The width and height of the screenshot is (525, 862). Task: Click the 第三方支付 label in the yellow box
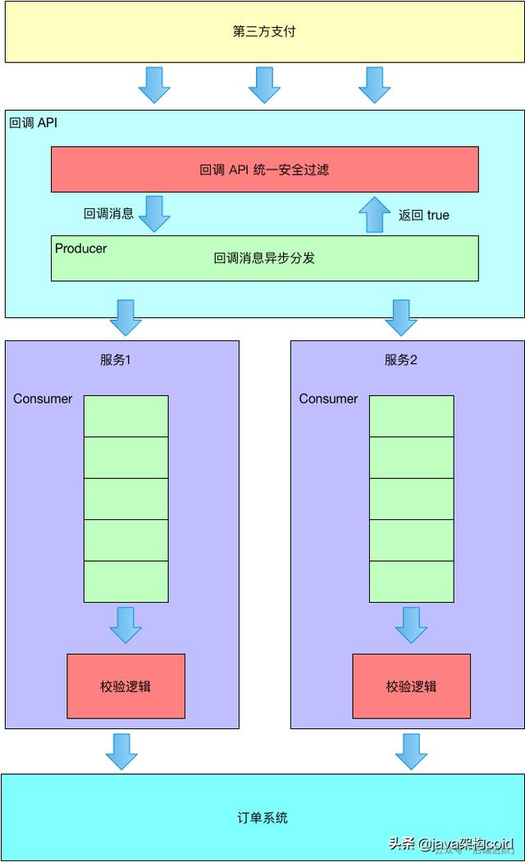coord(264,32)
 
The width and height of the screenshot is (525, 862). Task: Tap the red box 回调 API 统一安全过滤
coord(264,170)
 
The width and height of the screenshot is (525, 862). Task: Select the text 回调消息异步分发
coord(264,258)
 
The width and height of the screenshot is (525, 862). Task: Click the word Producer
coord(80,249)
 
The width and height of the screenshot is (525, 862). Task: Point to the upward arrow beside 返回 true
coord(375,215)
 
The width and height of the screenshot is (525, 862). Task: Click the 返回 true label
coord(424,215)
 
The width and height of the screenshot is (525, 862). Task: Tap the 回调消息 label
coord(108,214)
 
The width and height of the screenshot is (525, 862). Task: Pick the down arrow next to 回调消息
coord(154,213)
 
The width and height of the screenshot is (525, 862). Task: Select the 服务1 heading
coord(116,359)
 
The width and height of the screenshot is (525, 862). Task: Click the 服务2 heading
coord(401,359)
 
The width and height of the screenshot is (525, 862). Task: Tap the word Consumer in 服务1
coord(43,399)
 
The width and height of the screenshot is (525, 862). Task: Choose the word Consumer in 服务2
coord(328,399)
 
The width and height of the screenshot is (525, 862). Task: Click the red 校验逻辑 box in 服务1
coord(126,686)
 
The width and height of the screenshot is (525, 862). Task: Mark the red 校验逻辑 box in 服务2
coord(411,686)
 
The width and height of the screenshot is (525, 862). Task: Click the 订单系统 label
coord(264,818)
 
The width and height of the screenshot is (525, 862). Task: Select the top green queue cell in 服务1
coord(126,416)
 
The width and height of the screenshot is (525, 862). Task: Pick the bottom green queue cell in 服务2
coord(411,582)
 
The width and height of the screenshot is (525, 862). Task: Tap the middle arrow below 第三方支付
coord(264,84)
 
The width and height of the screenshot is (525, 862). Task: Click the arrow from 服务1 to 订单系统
coord(121,750)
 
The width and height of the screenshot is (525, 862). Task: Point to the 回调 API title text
coord(33,123)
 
